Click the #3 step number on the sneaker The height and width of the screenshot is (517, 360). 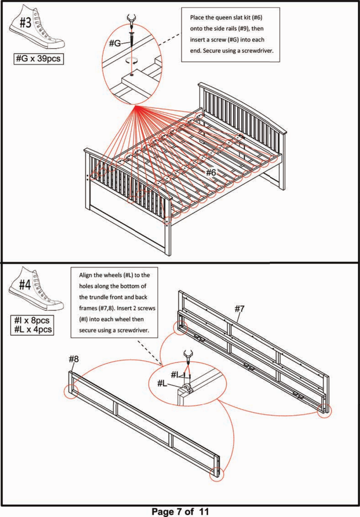[x=26, y=23]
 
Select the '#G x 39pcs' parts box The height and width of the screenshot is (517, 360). [x=39, y=59]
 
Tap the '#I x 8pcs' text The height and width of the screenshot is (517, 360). [x=32, y=320]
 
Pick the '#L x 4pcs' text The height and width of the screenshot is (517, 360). [x=33, y=329]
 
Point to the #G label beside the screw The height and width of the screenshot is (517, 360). [x=115, y=43]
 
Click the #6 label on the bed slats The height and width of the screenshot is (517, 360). [x=211, y=172]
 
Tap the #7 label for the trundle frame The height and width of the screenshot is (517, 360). [x=239, y=309]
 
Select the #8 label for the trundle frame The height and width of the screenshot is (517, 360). [x=74, y=359]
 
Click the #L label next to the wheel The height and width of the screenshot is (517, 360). [x=162, y=384]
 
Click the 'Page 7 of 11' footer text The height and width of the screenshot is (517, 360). [x=180, y=512]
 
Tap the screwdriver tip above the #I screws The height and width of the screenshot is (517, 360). [x=188, y=360]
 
